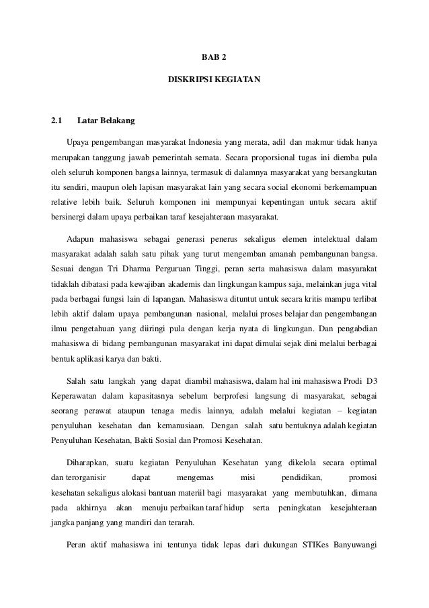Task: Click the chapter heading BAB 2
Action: tap(214, 58)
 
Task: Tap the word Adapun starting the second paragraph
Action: tap(81, 240)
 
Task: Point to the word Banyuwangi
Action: tap(354, 545)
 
